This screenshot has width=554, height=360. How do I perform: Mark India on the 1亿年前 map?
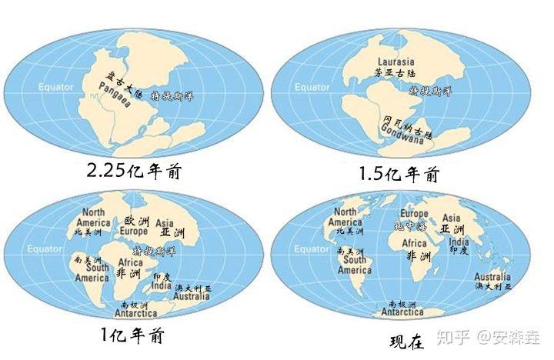coord(160,285)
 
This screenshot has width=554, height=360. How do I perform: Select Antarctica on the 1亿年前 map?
coord(135,313)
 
